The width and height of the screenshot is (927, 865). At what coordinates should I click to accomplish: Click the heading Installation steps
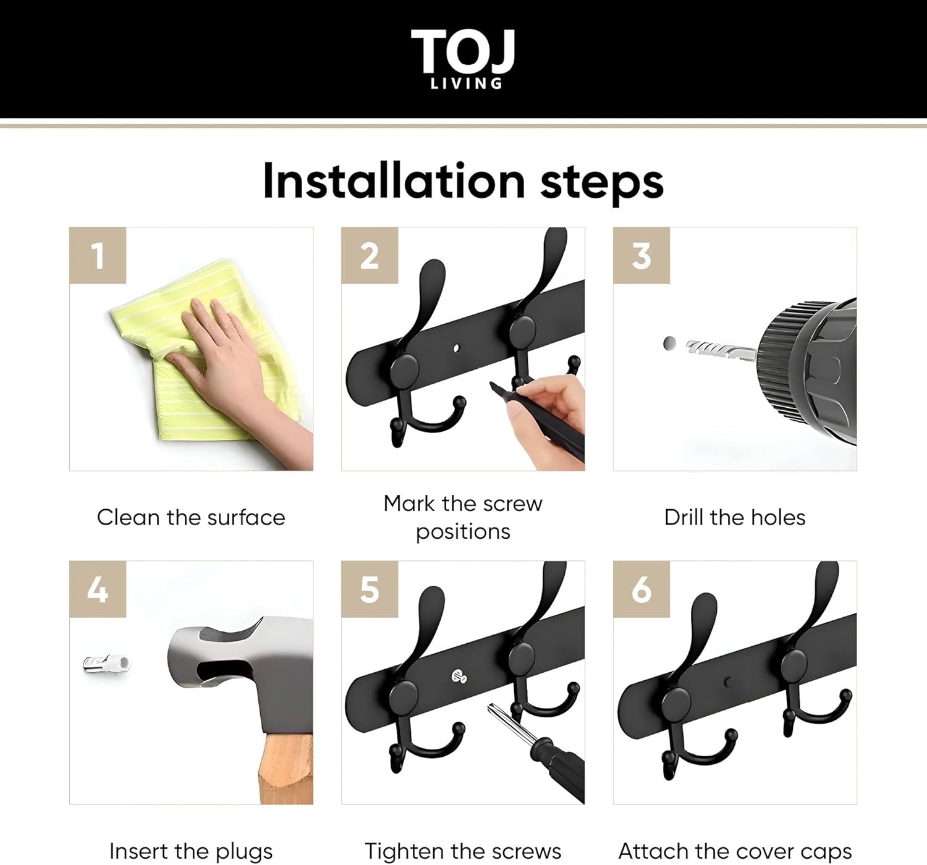[463, 181]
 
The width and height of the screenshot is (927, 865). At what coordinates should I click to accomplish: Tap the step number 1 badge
[98, 255]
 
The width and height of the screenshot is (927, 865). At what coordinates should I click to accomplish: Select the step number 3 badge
[641, 255]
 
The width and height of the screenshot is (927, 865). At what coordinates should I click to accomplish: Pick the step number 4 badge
[98, 589]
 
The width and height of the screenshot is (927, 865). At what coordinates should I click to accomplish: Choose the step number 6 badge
[641, 589]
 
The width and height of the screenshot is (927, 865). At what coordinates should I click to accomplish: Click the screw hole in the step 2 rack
[457, 348]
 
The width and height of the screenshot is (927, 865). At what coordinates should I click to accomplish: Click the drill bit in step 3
[717, 350]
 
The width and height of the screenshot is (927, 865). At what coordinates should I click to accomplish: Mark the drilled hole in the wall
[669, 343]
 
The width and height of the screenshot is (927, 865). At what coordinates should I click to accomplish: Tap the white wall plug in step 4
[108, 664]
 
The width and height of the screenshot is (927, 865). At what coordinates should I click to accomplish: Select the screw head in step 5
[460, 677]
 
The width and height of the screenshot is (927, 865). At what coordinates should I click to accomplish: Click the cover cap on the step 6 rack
[729, 682]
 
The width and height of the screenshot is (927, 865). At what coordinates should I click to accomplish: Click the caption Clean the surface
[191, 517]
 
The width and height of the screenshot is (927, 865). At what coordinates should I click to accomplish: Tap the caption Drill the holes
[735, 517]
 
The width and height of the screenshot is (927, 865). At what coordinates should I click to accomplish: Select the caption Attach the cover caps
[735, 851]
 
